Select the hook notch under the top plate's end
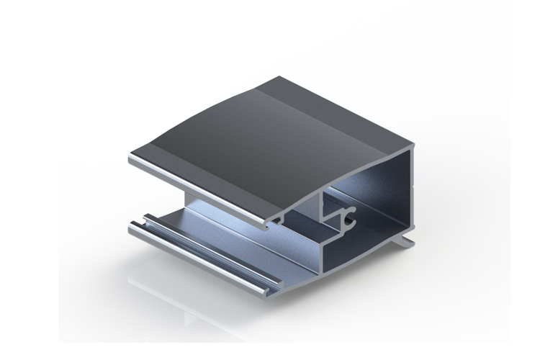pos(272,224)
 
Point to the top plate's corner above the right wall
pos(412,148)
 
